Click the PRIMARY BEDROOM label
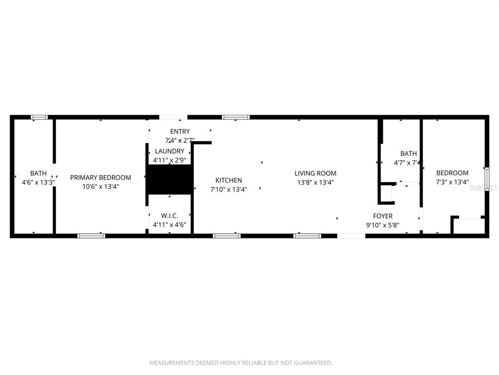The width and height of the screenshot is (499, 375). [x=100, y=178]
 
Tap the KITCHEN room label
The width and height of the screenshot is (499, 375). [x=229, y=181]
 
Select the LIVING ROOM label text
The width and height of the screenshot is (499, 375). [x=315, y=173]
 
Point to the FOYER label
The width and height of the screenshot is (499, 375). [x=383, y=216]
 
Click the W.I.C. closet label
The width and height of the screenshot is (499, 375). [x=169, y=216]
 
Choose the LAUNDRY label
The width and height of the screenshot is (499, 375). [x=170, y=151]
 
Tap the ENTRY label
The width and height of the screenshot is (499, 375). [x=180, y=131]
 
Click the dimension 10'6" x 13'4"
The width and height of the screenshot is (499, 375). [x=100, y=187]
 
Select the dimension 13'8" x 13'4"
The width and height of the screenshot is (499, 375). [x=315, y=183]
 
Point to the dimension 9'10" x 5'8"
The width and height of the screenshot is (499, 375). [x=383, y=225]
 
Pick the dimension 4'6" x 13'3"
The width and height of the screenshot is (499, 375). [x=38, y=182]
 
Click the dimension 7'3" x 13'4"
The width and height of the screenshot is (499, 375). [x=452, y=182]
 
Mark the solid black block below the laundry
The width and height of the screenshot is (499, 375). [x=169, y=179]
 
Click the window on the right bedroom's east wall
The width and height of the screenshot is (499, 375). [x=486, y=179]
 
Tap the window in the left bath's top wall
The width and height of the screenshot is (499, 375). [x=39, y=117]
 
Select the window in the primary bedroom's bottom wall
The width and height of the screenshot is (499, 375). [x=91, y=236]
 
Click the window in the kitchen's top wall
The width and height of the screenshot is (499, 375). [x=236, y=117]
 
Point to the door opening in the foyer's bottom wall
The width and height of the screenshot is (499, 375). [x=351, y=236]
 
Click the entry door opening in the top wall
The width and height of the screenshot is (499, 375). [x=173, y=117]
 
